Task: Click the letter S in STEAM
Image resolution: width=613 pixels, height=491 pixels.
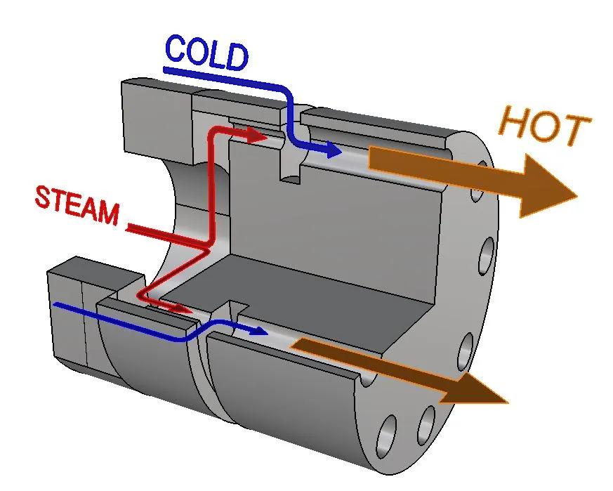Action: point(44,196)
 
